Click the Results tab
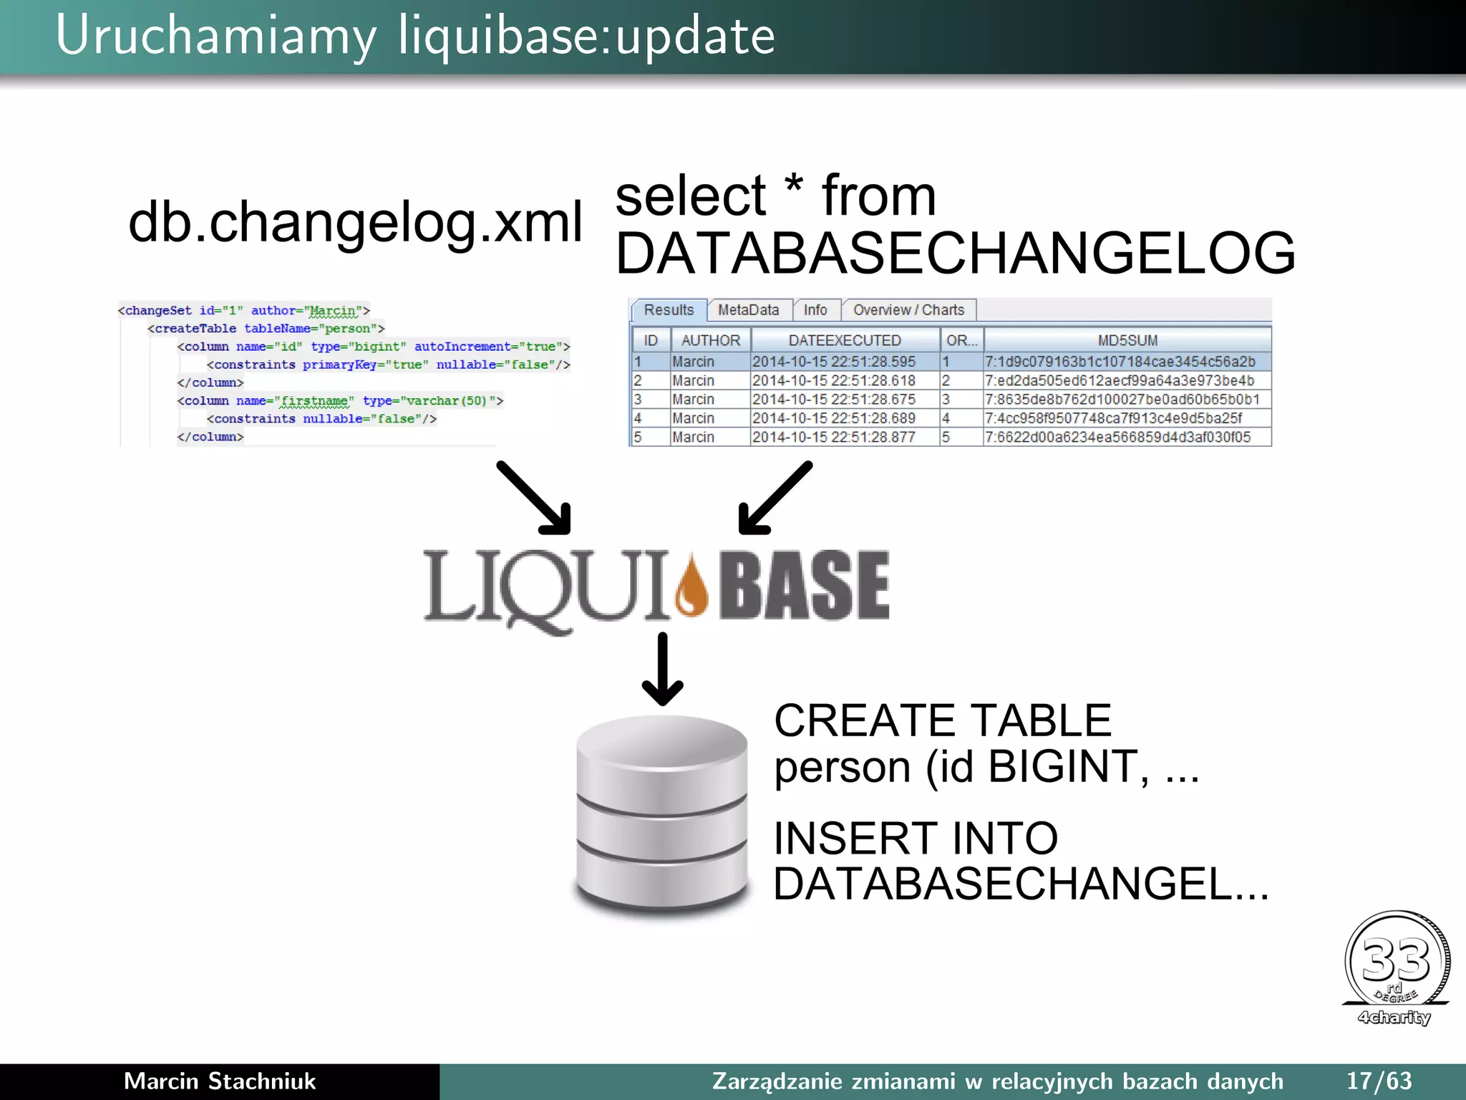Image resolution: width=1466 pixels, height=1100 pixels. pos(669,310)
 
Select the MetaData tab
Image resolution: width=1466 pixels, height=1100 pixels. pos(748,310)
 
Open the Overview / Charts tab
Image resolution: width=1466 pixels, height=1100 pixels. pos(908,310)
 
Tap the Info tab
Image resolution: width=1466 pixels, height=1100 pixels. pos(815,310)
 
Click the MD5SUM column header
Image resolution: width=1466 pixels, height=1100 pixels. pos(1127,340)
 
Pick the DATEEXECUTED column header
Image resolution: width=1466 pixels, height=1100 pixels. pos(845,340)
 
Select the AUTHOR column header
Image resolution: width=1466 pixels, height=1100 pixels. pos(711,340)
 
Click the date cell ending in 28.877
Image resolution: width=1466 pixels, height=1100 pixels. pos(834,437)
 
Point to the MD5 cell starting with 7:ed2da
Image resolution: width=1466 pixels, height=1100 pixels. pos(1120,380)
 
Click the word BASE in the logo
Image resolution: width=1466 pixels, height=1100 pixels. pos(804,585)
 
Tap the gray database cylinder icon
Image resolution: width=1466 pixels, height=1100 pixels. pos(662,816)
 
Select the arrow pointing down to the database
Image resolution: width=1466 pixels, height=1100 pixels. pos(662,670)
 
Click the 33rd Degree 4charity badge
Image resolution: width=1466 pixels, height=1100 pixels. pos(1397,968)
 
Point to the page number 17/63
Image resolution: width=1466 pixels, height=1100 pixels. pos(1379,1081)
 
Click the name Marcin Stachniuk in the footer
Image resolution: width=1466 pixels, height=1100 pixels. pos(220,1081)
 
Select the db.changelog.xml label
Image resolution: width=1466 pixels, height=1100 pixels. pos(355,222)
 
